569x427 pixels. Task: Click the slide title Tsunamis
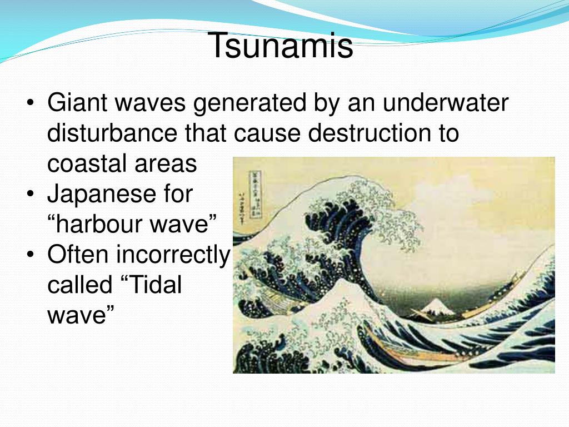point(281,46)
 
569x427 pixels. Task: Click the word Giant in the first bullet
point(77,102)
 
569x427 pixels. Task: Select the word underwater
point(445,102)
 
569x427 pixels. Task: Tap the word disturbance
point(112,133)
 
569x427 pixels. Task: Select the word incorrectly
point(173,255)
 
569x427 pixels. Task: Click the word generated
point(249,103)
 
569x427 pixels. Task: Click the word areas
point(166,163)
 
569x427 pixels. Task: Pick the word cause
point(267,133)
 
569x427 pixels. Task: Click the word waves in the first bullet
point(150,102)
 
